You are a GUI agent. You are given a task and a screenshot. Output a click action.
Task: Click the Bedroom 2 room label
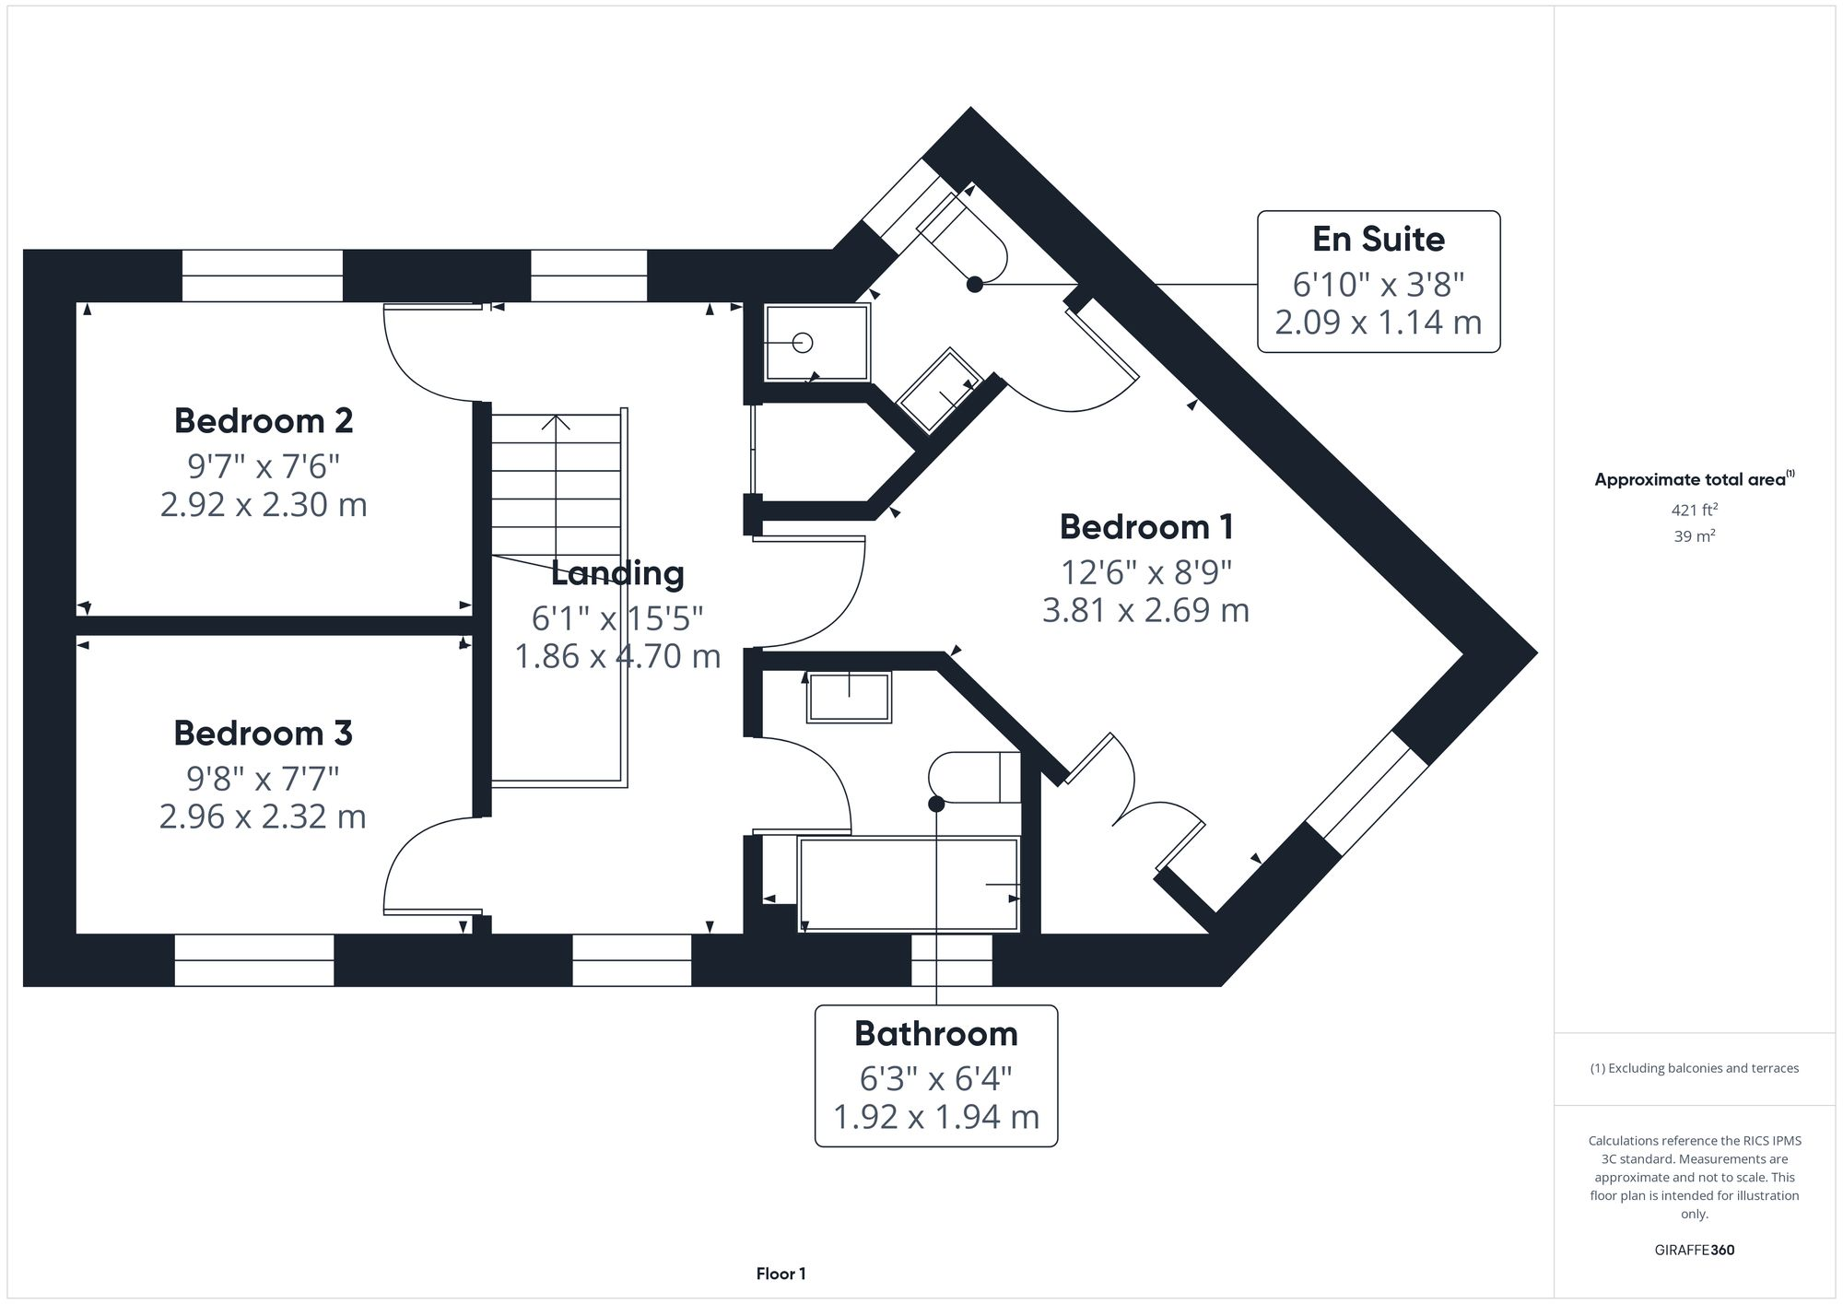(264, 421)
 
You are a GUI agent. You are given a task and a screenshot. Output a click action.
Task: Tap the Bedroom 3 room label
(264, 734)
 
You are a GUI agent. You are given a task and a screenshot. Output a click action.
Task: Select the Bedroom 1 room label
(1145, 527)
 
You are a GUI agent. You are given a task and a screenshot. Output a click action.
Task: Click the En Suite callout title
(1378, 240)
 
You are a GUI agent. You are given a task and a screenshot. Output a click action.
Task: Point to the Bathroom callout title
(935, 1034)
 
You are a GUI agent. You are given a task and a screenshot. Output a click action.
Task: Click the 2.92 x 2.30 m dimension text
(264, 505)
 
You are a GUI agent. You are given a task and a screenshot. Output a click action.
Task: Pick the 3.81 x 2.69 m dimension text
(1145, 610)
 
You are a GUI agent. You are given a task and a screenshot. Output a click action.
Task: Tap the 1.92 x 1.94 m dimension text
(935, 1117)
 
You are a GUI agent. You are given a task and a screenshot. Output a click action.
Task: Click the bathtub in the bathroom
(909, 884)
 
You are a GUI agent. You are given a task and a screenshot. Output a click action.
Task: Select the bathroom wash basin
(849, 697)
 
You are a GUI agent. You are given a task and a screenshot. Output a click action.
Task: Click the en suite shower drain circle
(803, 343)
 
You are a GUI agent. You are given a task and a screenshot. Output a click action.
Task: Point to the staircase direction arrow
(555, 425)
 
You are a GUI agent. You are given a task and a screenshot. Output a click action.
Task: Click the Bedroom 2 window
(262, 276)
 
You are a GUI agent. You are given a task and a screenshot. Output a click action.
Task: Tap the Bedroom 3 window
(254, 960)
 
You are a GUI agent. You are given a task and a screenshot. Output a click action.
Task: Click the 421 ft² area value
(1694, 510)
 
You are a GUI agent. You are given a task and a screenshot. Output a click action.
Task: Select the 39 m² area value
(1694, 536)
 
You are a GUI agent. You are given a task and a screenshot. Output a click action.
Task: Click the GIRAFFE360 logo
(1694, 1251)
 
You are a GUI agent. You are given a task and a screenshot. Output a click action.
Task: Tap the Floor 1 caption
(781, 1274)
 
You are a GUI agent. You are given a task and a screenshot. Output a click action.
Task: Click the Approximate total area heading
(1694, 479)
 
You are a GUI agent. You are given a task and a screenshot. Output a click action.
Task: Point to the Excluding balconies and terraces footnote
(1694, 1069)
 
